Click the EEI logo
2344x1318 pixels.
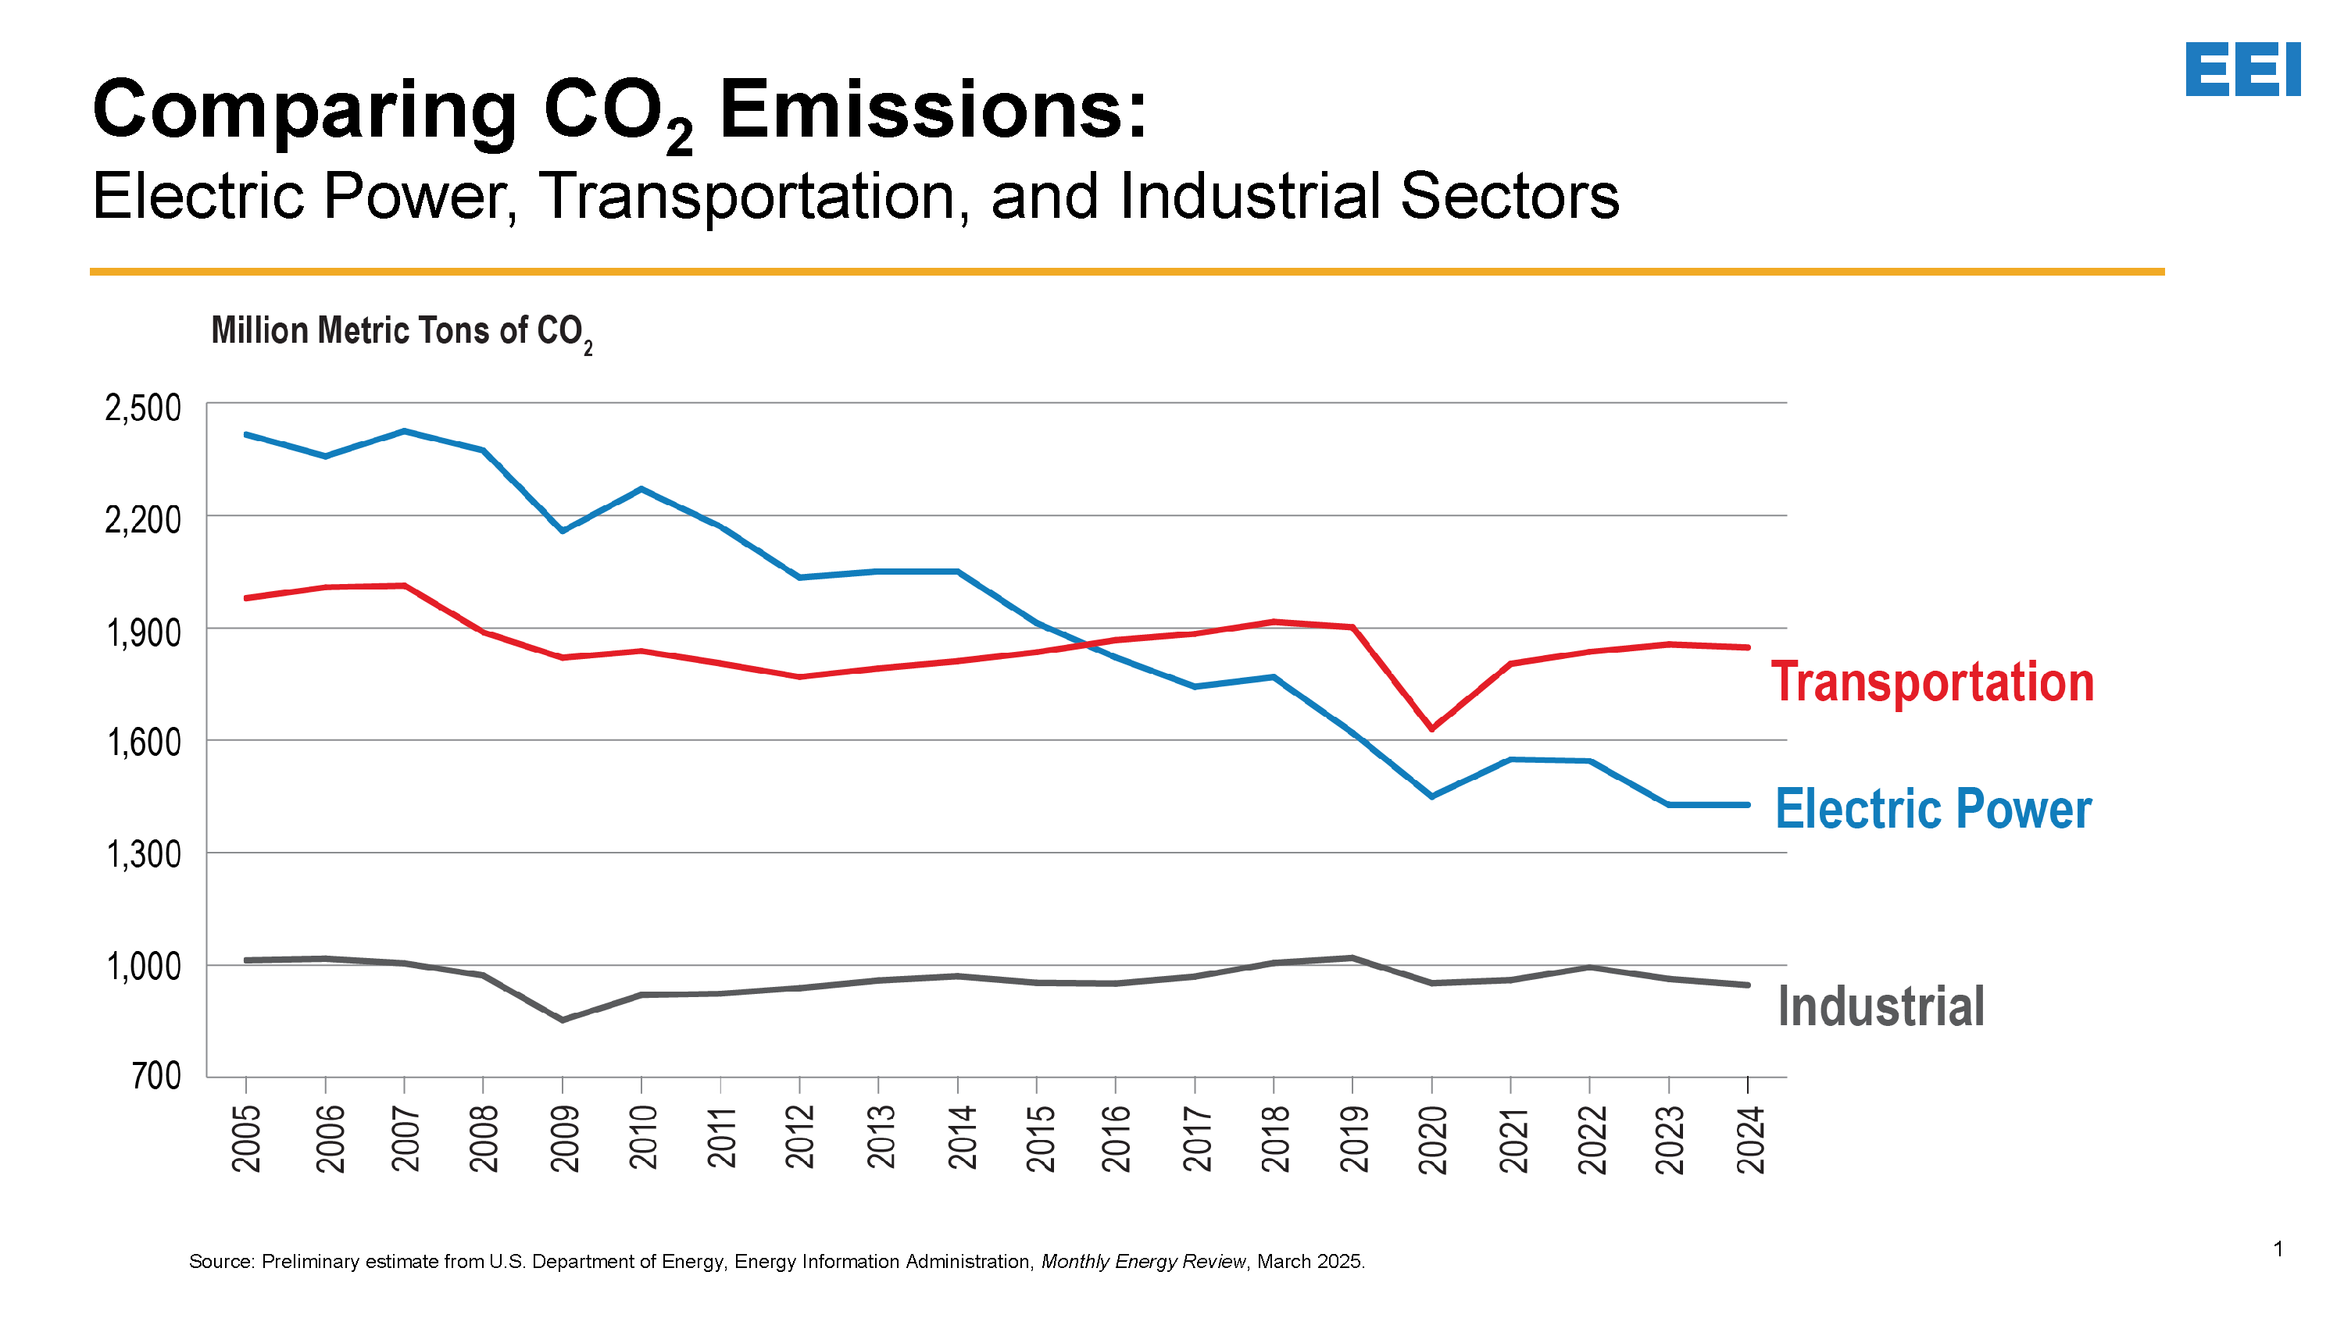point(2242,69)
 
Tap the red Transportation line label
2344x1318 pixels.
point(1931,682)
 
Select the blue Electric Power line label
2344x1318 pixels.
point(1933,809)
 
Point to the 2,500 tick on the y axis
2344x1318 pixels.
point(143,408)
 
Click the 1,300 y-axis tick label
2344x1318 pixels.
point(144,854)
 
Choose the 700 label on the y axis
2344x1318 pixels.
point(156,1076)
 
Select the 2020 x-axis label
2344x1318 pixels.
point(1433,1140)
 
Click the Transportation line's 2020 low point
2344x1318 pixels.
point(1432,728)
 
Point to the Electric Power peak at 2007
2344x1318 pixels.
point(404,431)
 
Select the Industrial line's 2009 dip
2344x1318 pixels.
point(563,1020)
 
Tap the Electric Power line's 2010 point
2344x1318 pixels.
point(641,490)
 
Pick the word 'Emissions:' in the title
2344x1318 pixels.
point(933,110)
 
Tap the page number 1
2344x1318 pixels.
point(2278,1249)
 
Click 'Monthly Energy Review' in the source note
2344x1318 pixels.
point(1143,1262)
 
